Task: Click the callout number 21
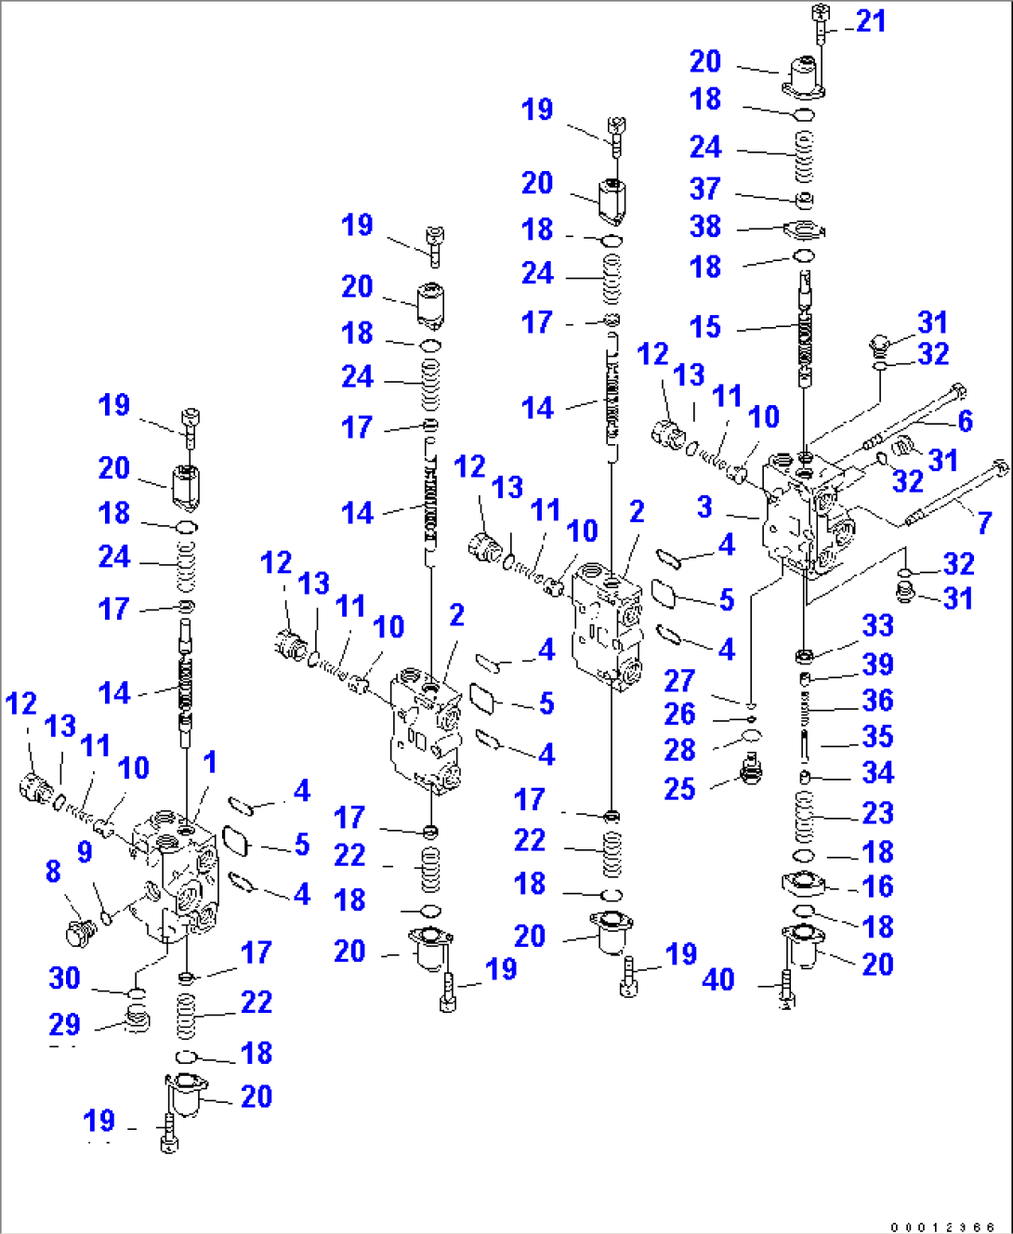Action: click(871, 20)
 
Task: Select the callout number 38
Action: click(705, 226)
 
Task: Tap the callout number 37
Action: click(705, 189)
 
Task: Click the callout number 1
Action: click(210, 762)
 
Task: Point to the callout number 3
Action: click(705, 506)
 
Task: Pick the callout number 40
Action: click(718, 979)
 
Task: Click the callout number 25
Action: click(679, 789)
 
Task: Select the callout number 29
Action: click(64, 1024)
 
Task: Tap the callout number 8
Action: click(53, 871)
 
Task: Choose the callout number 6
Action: click(966, 420)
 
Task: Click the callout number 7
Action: click(984, 522)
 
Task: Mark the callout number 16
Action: click(878, 886)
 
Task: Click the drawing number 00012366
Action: click(943, 1227)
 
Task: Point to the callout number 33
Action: click(878, 625)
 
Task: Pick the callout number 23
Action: click(878, 813)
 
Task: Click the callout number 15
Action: click(705, 326)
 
